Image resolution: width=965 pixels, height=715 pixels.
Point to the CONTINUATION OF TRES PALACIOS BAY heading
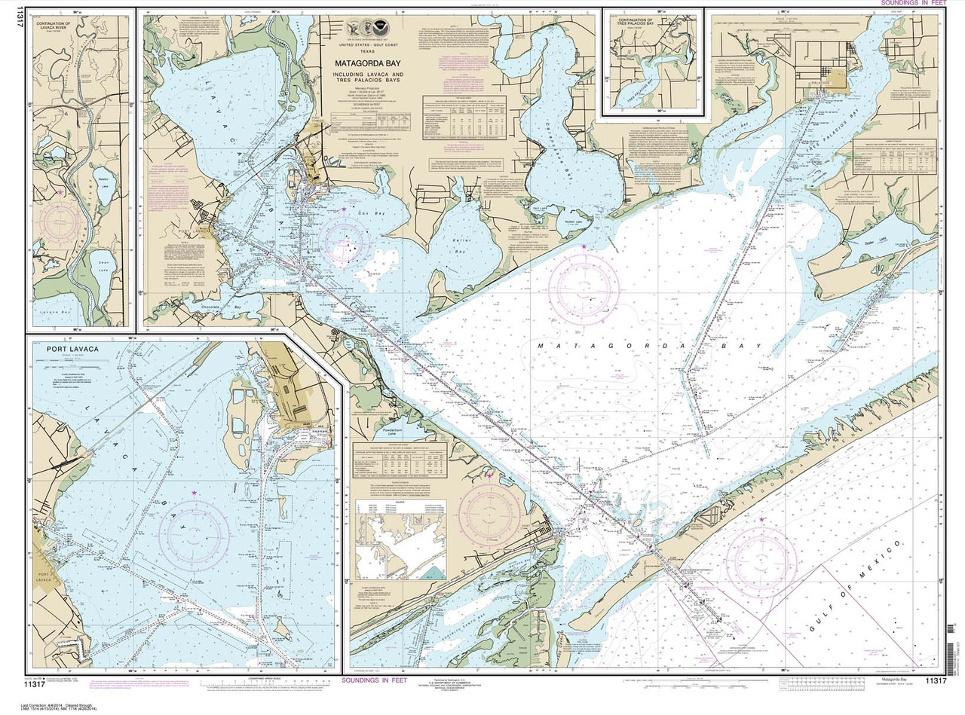click(x=653, y=23)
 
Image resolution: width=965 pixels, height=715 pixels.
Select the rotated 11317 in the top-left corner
click(x=9, y=23)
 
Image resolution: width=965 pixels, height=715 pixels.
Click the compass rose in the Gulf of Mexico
click(x=764, y=561)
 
